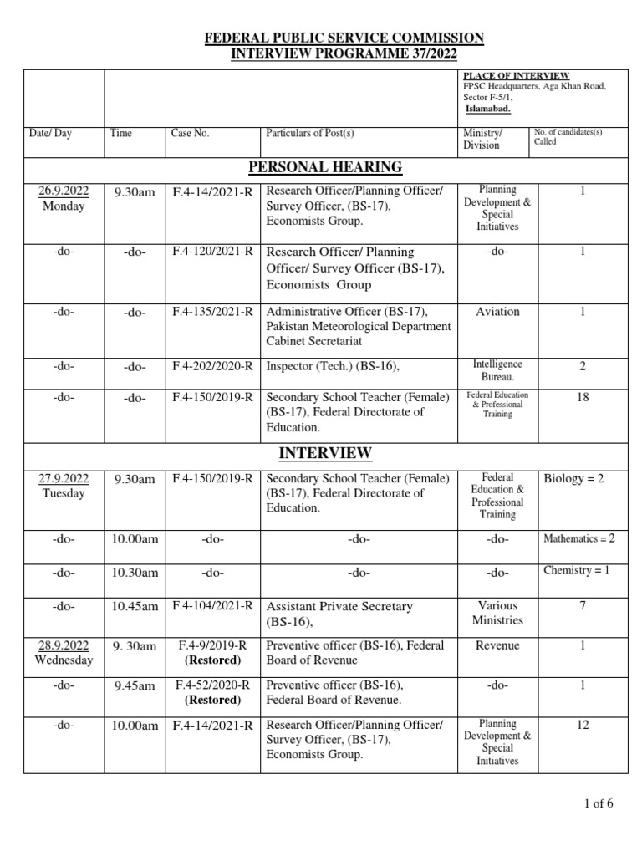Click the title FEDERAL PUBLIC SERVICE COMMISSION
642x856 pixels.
344,38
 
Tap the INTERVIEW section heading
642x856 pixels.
324,453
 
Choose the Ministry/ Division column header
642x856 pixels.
482,139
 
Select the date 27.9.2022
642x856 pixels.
64,479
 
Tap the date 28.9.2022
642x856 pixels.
64,645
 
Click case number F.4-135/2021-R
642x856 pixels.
212,312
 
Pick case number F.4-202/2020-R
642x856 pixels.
212,365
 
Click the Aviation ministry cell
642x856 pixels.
497,312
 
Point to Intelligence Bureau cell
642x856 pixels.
497,371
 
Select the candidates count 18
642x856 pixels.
582,397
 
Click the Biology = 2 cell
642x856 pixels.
578,479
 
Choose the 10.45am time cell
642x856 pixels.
135,606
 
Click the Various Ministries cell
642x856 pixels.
497,613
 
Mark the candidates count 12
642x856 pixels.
582,725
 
